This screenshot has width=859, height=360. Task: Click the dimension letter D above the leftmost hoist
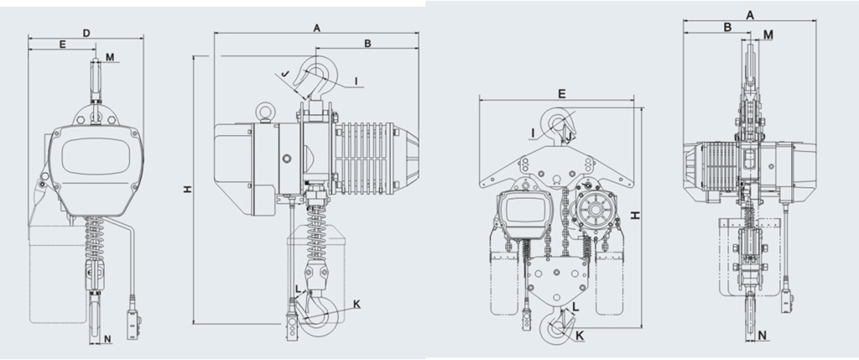pos(86,33)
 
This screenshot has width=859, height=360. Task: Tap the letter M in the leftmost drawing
pos(110,57)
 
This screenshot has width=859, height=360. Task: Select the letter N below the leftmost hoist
pos(107,339)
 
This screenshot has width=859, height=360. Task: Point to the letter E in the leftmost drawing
pos(62,44)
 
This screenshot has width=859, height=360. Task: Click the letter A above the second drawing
pos(316,28)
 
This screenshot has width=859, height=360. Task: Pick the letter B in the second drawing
pos(367,43)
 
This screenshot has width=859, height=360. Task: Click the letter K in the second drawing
pos(357,303)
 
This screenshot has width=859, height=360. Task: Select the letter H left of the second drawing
pos(188,190)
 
